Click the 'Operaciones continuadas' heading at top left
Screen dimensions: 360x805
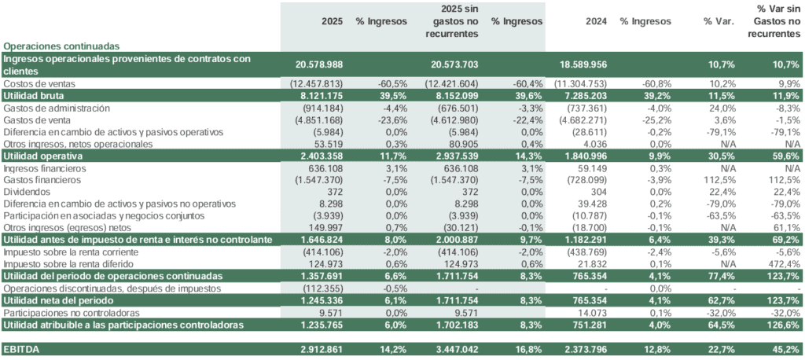click(x=61, y=46)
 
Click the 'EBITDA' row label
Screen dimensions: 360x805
click(x=22, y=348)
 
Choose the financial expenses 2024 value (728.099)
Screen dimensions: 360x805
click(x=583, y=180)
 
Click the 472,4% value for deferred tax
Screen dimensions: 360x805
click(x=783, y=264)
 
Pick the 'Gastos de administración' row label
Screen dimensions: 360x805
click(x=57, y=108)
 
